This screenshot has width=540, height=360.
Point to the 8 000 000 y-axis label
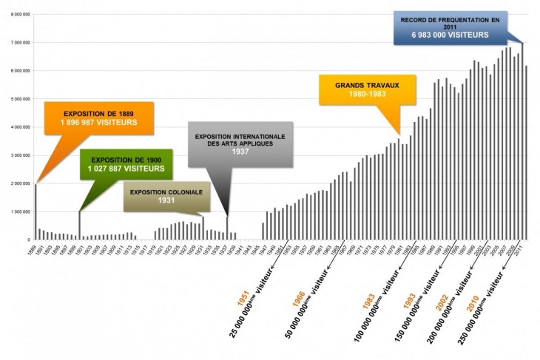17,14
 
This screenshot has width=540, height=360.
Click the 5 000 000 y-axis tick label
17,99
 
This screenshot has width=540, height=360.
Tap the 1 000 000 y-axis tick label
17,211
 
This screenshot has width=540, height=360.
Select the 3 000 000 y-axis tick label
17,155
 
